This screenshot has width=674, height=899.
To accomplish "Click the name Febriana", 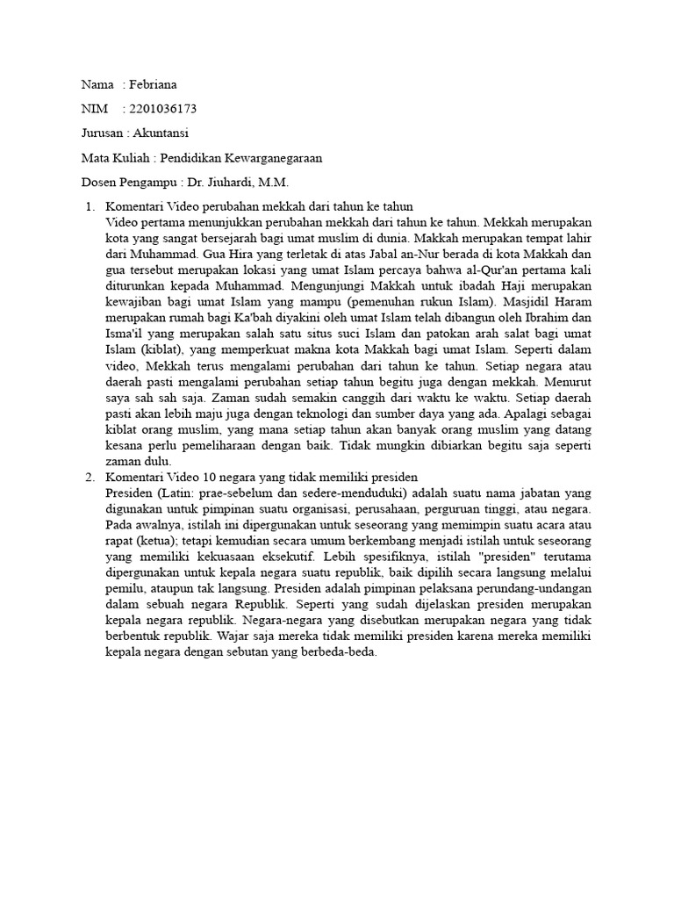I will pyautogui.click(x=153, y=84).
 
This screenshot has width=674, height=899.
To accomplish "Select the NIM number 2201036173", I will pyautogui.click(x=162, y=109).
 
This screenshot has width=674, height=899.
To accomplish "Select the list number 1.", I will pyautogui.click(x=89, y=206).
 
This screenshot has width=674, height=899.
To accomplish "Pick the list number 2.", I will pyautogui.click(x=89, y=476).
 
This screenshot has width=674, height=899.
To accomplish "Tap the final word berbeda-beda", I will pyautogui.click(x=339, y=652).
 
